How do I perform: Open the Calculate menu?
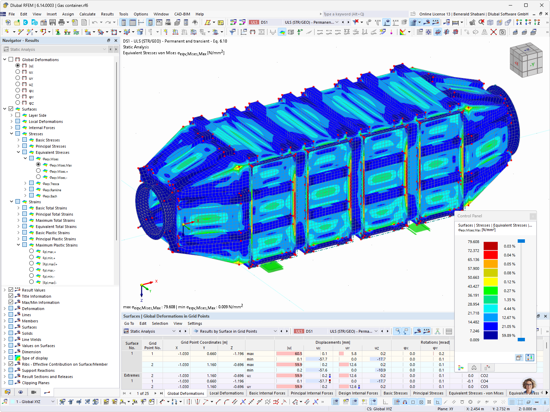click(87, 14)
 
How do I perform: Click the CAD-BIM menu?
click(182, 14)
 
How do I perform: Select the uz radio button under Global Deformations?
click(18, 84)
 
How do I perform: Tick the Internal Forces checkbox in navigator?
click(18, 128)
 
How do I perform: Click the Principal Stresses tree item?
click(51, 146)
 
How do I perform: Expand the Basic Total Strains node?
click(19, 208)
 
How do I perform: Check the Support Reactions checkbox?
click(11, 370)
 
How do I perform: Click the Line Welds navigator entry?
click(31, 340)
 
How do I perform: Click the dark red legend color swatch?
click(491, 246)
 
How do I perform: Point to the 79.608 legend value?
click(473, 242)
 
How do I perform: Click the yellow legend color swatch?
click(491, 282)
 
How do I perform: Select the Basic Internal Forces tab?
click(267, 393)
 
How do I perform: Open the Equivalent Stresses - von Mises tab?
click(476, 393)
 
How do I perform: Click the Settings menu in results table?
click(195, 323)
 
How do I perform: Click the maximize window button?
click(526, 5)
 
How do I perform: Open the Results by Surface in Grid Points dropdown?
click(275, 331)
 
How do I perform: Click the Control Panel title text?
click(470, 216)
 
